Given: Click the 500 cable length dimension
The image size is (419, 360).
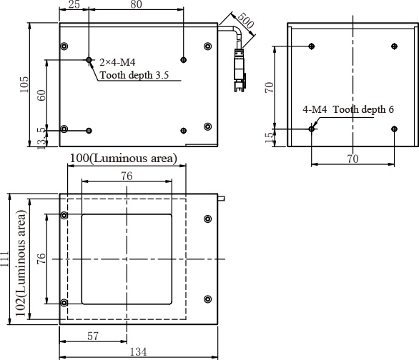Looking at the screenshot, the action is (x=245, y=21).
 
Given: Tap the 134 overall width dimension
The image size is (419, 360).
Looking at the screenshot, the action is (x=138, y=352).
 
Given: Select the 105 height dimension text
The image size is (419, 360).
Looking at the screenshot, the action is (x=24, y=84).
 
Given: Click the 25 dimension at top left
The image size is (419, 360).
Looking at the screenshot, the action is (x=74, y=4).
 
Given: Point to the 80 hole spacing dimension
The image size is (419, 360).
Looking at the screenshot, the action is (x=136, y=4).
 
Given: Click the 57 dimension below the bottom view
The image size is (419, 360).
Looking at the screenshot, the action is (x=93, y=336).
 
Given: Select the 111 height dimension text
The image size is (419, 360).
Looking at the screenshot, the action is (x=4, y=259).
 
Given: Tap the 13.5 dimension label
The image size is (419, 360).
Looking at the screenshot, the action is (x=41, y=139).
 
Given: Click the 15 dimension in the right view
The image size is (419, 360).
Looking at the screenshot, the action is (x=270, y=137).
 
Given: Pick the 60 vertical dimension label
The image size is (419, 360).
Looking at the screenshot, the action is (x=41, y=95).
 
